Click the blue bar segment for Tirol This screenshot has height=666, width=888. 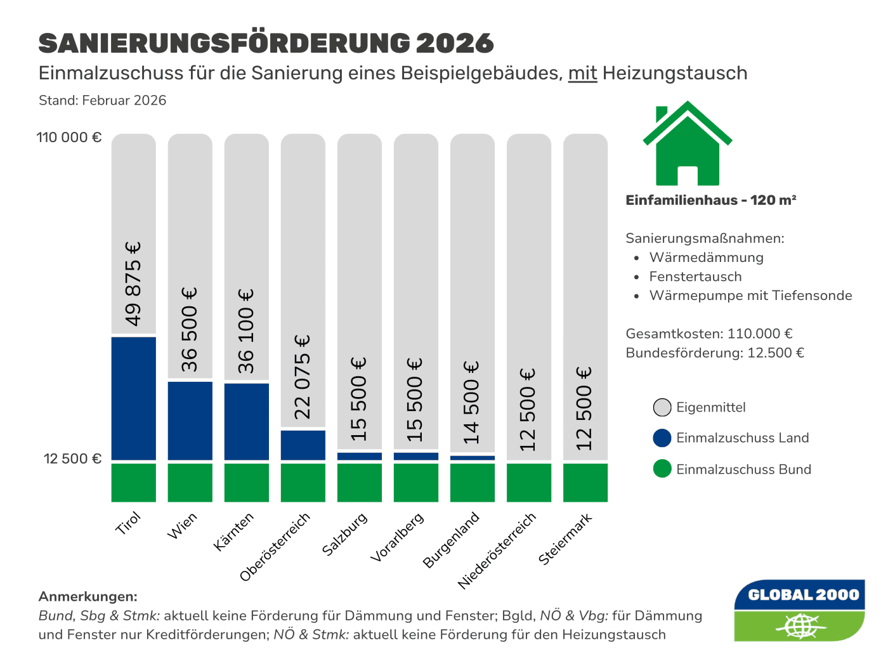133,398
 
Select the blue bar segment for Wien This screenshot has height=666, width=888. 190,420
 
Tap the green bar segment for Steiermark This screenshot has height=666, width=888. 585,482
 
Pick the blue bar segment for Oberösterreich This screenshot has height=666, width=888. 303,445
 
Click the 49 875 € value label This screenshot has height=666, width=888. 133,284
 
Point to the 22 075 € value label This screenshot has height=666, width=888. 303,377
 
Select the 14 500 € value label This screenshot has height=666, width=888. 472,402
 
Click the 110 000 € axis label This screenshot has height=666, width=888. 69,138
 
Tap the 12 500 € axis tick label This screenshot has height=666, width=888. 72,459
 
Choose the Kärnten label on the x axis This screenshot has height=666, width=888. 234,532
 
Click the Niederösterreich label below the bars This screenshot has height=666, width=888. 497,551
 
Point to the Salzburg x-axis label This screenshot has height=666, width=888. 345,534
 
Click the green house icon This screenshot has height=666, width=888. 687,144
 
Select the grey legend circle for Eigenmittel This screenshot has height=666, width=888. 662,407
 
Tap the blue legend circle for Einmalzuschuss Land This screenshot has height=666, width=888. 662,438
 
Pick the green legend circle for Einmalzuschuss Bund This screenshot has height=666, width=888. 662,469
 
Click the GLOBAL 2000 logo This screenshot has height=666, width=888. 799,610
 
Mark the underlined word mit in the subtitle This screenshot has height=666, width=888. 582,74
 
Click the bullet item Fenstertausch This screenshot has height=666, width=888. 695,277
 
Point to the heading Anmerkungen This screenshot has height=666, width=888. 88,596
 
